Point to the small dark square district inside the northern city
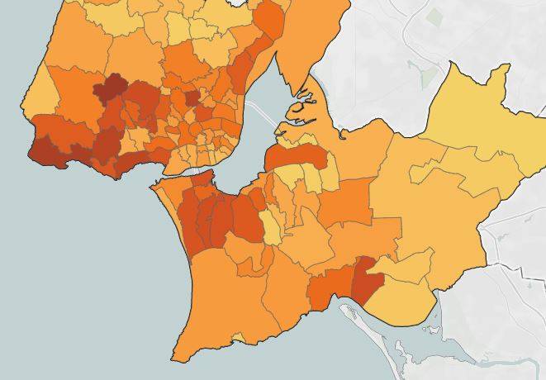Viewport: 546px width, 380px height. (192, 98)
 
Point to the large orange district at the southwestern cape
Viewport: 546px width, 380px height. (215, 306)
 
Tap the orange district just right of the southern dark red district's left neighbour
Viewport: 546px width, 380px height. (330, 285)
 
